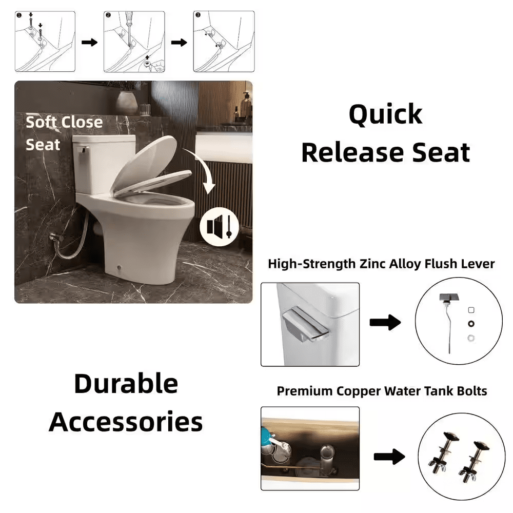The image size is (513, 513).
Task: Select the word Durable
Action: pos(126,383)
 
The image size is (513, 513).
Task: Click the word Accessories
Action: pos(126,422)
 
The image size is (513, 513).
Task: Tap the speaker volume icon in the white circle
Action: pos(220,226)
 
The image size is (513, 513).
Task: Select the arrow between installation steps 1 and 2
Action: pos(89,42)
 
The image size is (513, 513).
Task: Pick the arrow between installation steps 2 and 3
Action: pos(179,42)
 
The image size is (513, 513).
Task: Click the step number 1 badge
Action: pos(19,15)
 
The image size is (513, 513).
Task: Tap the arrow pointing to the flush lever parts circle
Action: pos(385,323)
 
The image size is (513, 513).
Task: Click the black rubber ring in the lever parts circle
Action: pos(471,324)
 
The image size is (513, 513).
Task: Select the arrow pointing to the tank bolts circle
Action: pos(389,457)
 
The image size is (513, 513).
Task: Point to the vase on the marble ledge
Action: pos(127,103)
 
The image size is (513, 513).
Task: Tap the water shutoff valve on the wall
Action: pos(54,236)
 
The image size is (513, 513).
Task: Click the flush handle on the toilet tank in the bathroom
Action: pos(82,150)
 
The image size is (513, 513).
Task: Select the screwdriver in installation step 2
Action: pos(130,28)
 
